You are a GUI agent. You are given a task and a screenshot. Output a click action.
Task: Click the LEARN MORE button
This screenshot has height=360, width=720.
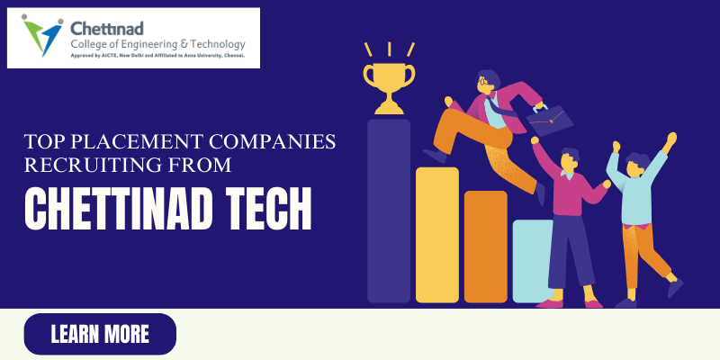point(100,334)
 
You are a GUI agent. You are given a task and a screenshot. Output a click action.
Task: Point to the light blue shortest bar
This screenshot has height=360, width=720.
point(532,260)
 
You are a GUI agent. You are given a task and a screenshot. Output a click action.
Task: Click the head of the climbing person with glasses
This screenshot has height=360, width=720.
point(485,84)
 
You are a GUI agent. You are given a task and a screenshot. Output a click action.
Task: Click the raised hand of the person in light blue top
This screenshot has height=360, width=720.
point(669,140)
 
